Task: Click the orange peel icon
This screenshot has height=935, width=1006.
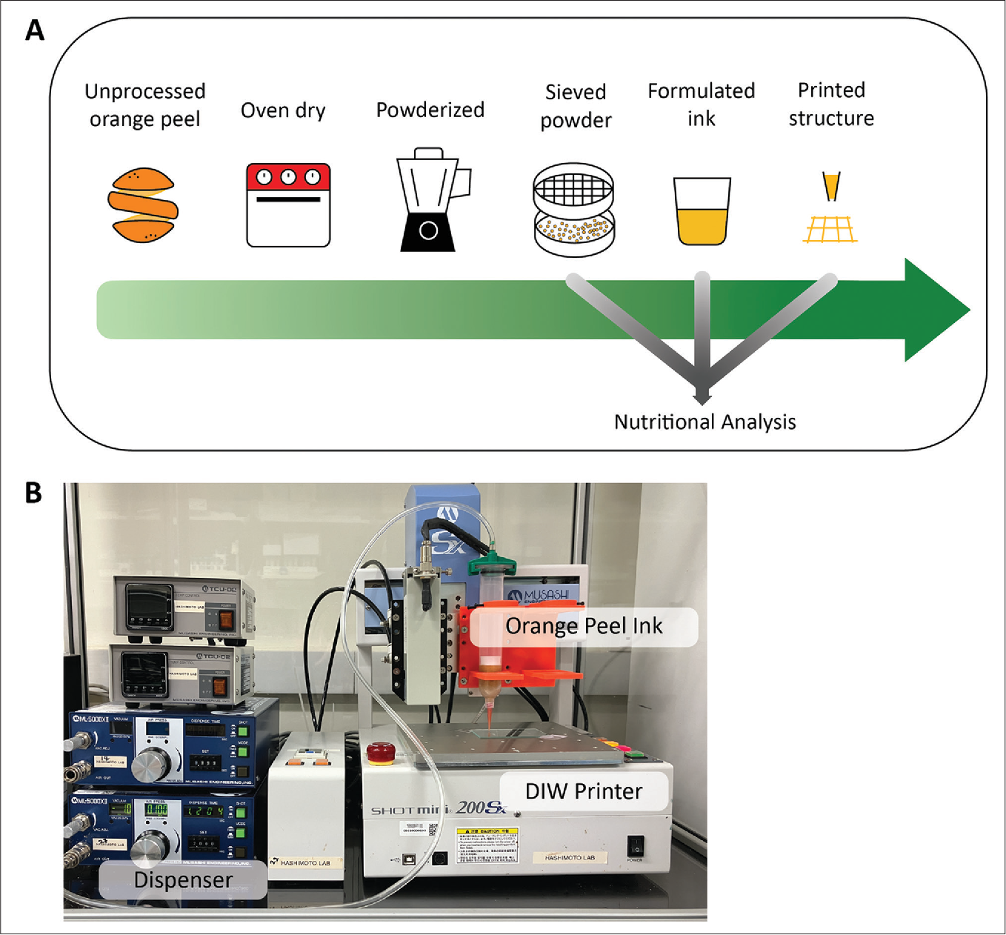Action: tap(144, 205)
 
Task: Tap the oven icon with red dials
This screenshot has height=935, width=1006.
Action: tap(288, 205)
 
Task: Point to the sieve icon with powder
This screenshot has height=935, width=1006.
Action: tap(574, 210)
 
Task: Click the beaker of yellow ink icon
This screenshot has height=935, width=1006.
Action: tap(702, 211)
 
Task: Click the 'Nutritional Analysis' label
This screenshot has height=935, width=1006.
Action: tap(704, 422)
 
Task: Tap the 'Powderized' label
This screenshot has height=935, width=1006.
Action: tap(430, 110)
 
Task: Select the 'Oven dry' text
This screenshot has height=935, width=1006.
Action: tap(283, 110)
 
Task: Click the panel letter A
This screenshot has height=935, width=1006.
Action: tap(35, 31)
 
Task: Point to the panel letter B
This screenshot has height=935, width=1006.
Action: tap(33, 493)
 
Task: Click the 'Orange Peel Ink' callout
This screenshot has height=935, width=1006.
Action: tap(584, 627)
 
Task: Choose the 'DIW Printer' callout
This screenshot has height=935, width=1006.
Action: tap(584, 791)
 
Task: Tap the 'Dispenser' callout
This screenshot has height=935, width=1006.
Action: tap(183, 880)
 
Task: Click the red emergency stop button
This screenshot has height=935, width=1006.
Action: tap(381, 752)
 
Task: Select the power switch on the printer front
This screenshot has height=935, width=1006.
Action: tap(635, 845)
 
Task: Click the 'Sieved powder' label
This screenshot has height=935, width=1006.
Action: tap(576, 106)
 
